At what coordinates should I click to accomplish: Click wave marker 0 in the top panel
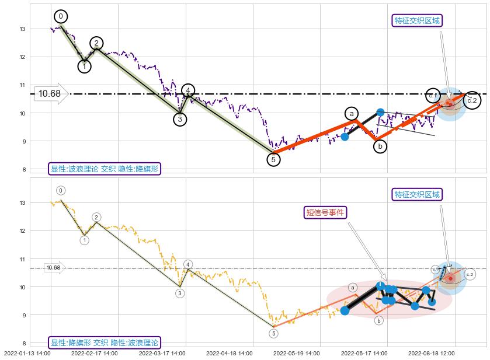pyautogui.click(x=61, y=16)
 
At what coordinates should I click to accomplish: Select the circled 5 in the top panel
pyautogui.click(x=273, y=159)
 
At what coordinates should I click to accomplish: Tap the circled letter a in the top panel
pyautogui.click(x=351, y=114)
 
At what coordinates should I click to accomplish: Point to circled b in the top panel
pyautogui.click(x=380, y=146)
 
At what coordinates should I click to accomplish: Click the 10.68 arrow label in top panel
pyautogui.click(x=50, y=93)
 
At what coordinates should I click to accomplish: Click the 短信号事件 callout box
pyautogui.click(x=326, y=212)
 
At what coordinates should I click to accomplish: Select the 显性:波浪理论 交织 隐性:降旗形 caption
pyautogui.click(x=104, y=169)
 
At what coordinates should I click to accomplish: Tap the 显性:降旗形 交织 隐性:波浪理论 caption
pyautogui.click(x=104, y=343)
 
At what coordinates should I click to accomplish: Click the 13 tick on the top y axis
pyautogui.click(x=22, y=29)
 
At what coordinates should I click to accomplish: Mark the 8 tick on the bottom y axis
pyautogui.click(x=23, y=343)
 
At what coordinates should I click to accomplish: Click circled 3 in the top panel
pyautogui.click(x=180, y=120)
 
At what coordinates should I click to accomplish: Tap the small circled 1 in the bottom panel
pyautogui.click(x=85, y=240)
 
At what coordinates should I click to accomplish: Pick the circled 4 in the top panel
pyautogui.click(x=188, y=90)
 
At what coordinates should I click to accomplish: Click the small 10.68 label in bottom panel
pyautogui.click(x=53, y=268)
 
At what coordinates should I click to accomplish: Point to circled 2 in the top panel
pyautogui.click(x=96, y=43)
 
